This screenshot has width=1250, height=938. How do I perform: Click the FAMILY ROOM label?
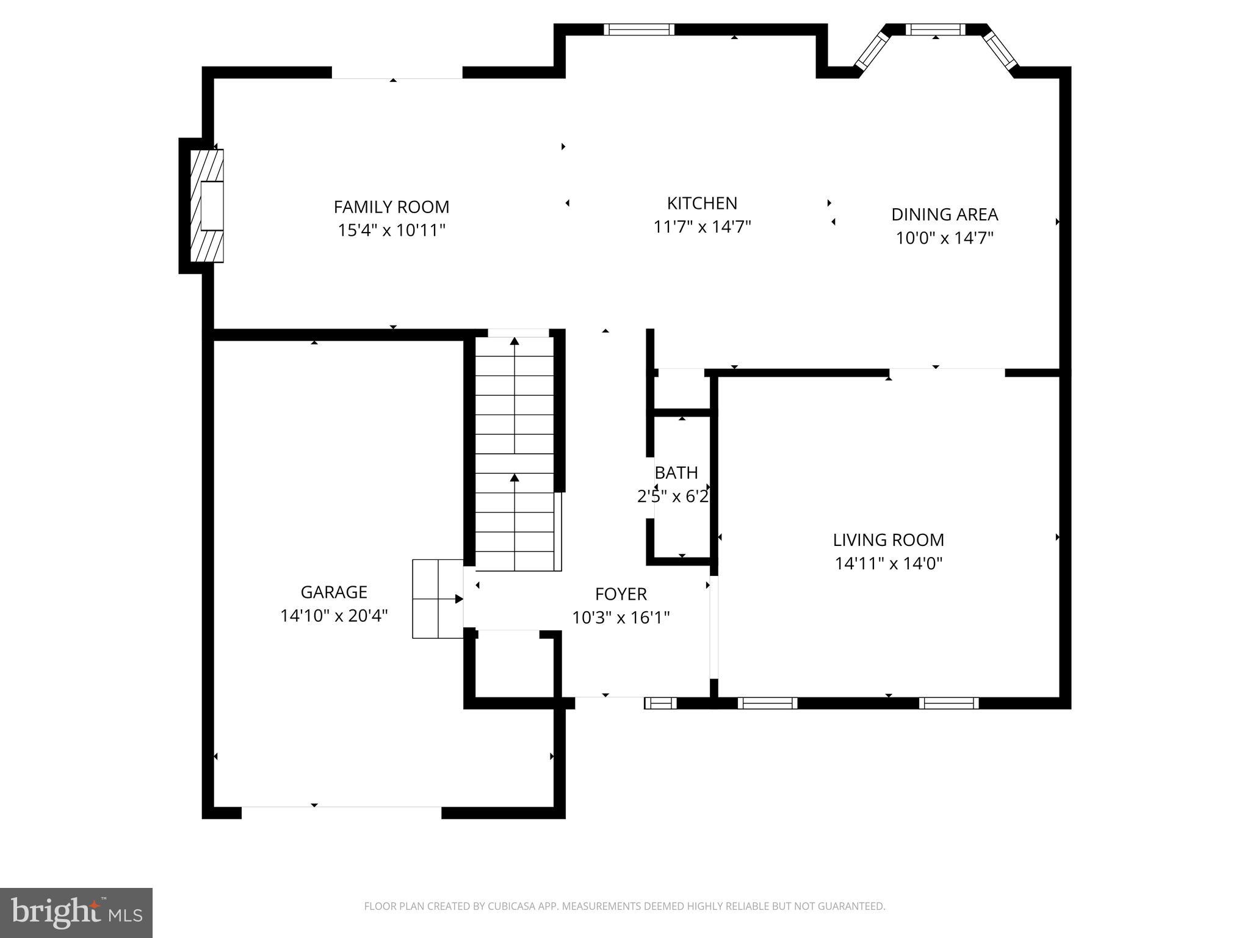pyautogui.click(x=391, y=207)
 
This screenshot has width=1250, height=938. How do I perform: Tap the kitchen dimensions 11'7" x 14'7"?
pyautogui.click(x=702, y=227)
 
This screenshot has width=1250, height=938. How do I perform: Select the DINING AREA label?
pyautogui.click(x=944, y=214)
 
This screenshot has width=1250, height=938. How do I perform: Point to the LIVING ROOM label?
pyautogui.click(x=888, y=540)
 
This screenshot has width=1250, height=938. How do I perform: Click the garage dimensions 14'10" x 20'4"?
pyautogui.click(x=334, y=616)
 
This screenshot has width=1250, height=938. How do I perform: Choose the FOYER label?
pyautogui.click(x=621, y=594)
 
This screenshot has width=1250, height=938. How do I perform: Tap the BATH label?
pyautogui.click(x=676, y=473)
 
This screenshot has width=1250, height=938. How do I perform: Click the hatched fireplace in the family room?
pyautogui.click(x=206, y=206)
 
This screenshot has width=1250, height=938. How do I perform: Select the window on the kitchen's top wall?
pyautogui.click(x=639, y=29)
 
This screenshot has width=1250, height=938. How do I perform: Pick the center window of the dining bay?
pyautogui.click(x=935, y=29)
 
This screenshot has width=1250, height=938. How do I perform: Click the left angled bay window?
pyautogui.click(x=872, y=51)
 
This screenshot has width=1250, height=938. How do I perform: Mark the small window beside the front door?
pyautogui.click(x=661, y=703)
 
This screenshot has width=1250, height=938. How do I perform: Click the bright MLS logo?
pyautogui.click(x=76, y=912)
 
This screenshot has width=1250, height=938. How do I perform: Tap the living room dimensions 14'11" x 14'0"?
pyautogui.click(x=888, y=563)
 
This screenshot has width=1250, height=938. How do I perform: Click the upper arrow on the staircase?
pyautogui.click(x=515, y=342)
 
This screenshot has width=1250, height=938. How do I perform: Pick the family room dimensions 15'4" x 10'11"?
pyautogui.click(x=391, y=231)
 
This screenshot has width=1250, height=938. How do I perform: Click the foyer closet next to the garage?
pyautogui.click(x=515, y=666)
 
